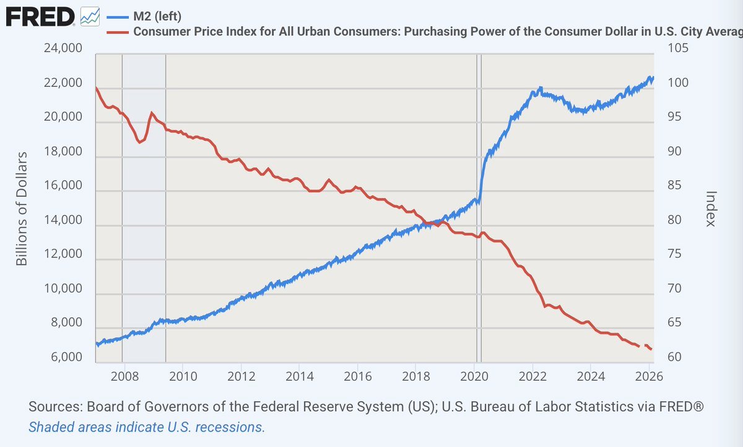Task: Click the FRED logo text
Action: pos(40,17)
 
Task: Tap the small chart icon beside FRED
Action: pos(90,17)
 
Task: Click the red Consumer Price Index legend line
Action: pos(118,32)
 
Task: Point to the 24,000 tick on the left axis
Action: pos(63,48)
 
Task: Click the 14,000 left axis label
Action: pos(63,220)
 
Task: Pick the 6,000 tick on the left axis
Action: pos(66,357)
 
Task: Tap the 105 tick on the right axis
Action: pos(678,48)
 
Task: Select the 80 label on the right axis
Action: pos(674,220)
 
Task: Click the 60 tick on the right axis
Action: pos(674,357)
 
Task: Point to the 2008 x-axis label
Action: pos(124,376)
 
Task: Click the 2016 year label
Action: pos(358,376)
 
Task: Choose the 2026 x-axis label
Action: pos(649,376)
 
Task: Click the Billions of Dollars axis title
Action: pos(22,209)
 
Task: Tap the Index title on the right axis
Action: pos(711,209)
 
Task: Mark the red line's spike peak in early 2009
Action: pos(152,113)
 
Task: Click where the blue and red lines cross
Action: pos(428,223)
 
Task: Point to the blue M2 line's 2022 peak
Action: pos(541,87)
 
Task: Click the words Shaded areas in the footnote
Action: pos(70,427)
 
